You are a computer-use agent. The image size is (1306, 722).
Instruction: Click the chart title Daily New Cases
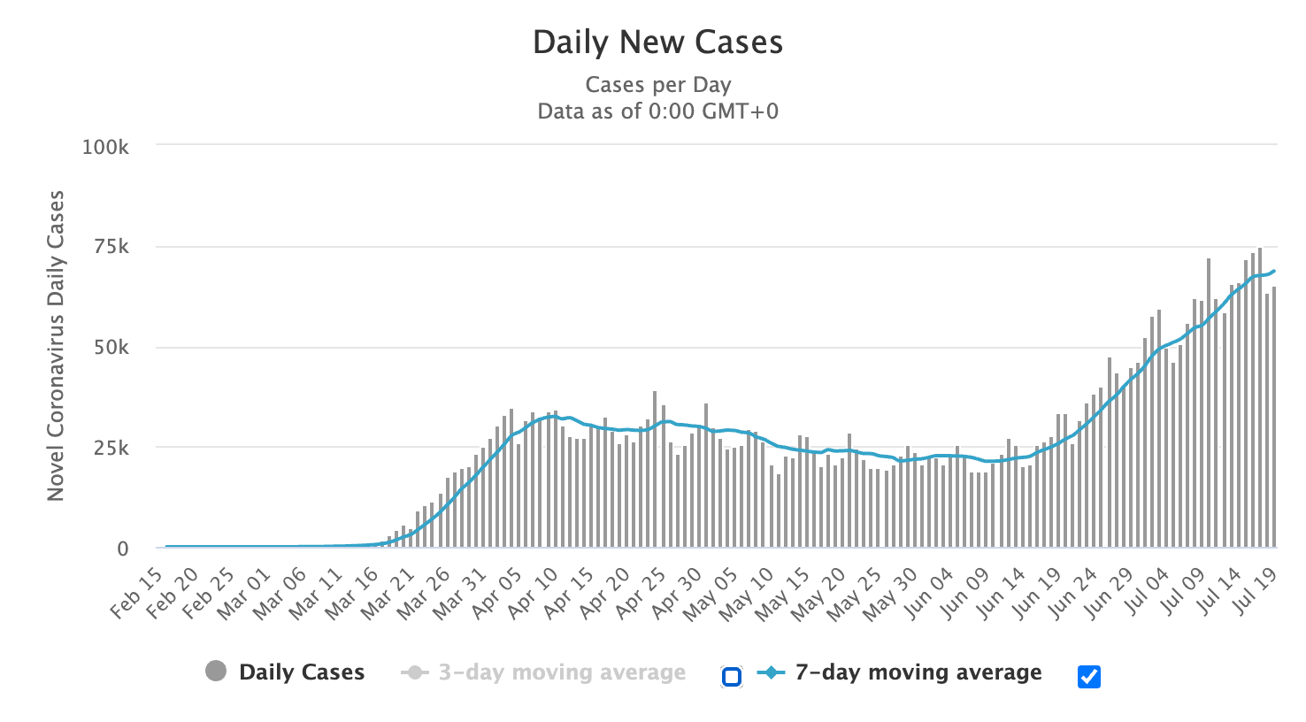point(657,42)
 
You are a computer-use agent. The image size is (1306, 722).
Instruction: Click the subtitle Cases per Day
point(657,85)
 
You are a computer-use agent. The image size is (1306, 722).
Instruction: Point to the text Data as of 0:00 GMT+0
point(657,111)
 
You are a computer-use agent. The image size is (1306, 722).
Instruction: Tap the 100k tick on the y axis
point(105,147)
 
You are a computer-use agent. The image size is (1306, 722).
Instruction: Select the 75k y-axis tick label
point(111,247)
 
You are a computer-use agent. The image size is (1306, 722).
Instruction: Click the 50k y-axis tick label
point(111,348)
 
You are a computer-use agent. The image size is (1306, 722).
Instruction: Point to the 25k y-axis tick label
point(111,449)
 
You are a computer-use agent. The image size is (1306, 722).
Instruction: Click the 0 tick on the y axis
point(123,549)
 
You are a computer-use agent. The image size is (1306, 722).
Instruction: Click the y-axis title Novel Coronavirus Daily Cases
point(56,346)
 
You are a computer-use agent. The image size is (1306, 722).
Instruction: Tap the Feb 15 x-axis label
point(139,592)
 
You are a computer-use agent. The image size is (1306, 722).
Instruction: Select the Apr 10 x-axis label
point(534,592)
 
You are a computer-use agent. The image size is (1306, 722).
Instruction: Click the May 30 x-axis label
point(892,592)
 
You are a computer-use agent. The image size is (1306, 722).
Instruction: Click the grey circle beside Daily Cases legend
point(215,672)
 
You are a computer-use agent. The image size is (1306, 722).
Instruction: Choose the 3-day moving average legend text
point(562,672)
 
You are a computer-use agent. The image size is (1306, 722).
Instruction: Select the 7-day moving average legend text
point(918,672)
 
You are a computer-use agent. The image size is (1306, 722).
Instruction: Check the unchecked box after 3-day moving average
point(731,677)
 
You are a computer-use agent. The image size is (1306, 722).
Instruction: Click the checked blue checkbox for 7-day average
point(1089,677)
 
